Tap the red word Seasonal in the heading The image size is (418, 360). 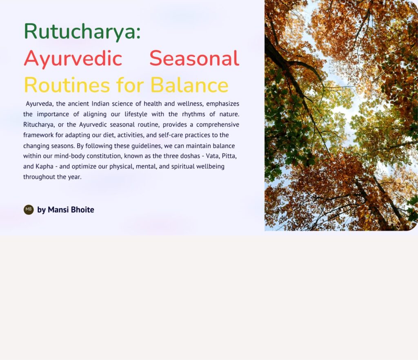194,58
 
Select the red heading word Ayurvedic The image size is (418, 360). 73,59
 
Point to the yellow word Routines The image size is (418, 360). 67,85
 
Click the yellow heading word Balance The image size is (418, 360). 189,85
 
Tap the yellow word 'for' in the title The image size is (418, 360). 130,85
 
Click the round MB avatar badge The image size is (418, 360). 29,210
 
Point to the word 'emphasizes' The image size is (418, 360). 222,103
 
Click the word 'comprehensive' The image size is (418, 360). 218,125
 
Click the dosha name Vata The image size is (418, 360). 212,156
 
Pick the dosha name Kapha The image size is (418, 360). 44,167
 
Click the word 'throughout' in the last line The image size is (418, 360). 39,177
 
